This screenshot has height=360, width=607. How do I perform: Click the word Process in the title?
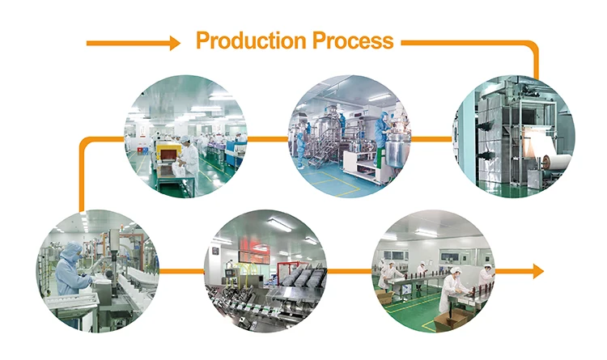coord(354,40)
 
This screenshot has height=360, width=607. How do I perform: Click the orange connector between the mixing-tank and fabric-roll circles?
coord(433,138)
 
